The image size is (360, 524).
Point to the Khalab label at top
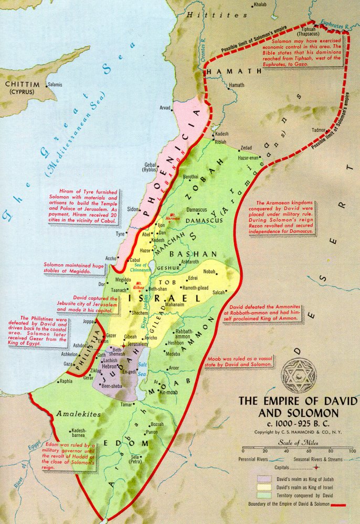tap(260, 5)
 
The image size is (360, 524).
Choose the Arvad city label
tap(165, 108)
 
